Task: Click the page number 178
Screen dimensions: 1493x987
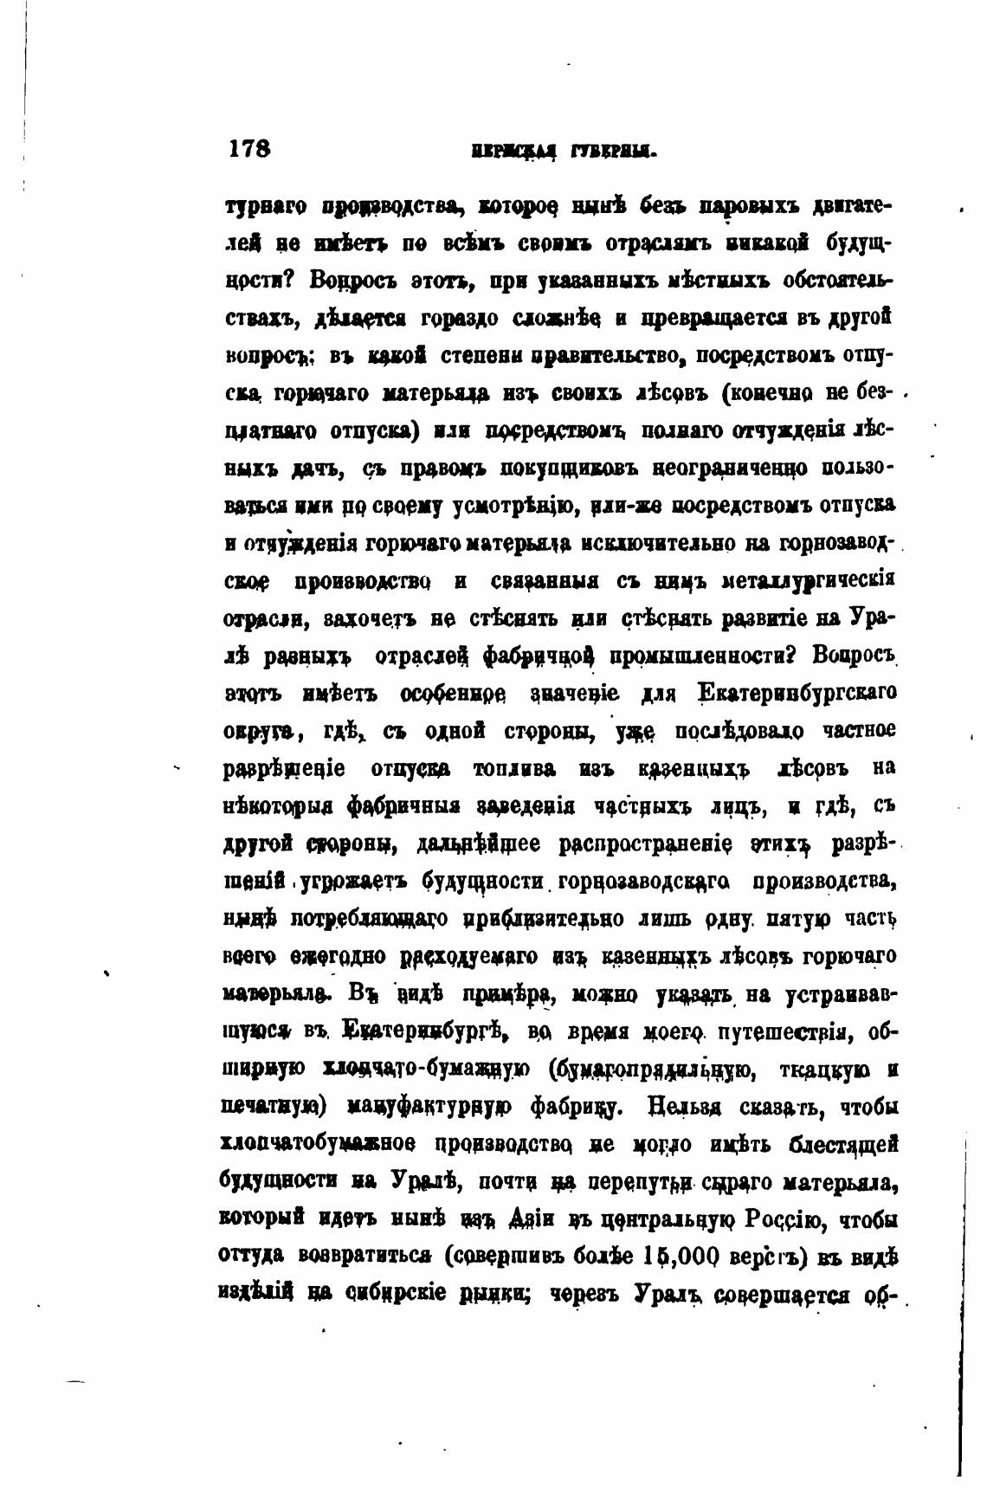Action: pyautogui.click(x=250, y=147)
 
